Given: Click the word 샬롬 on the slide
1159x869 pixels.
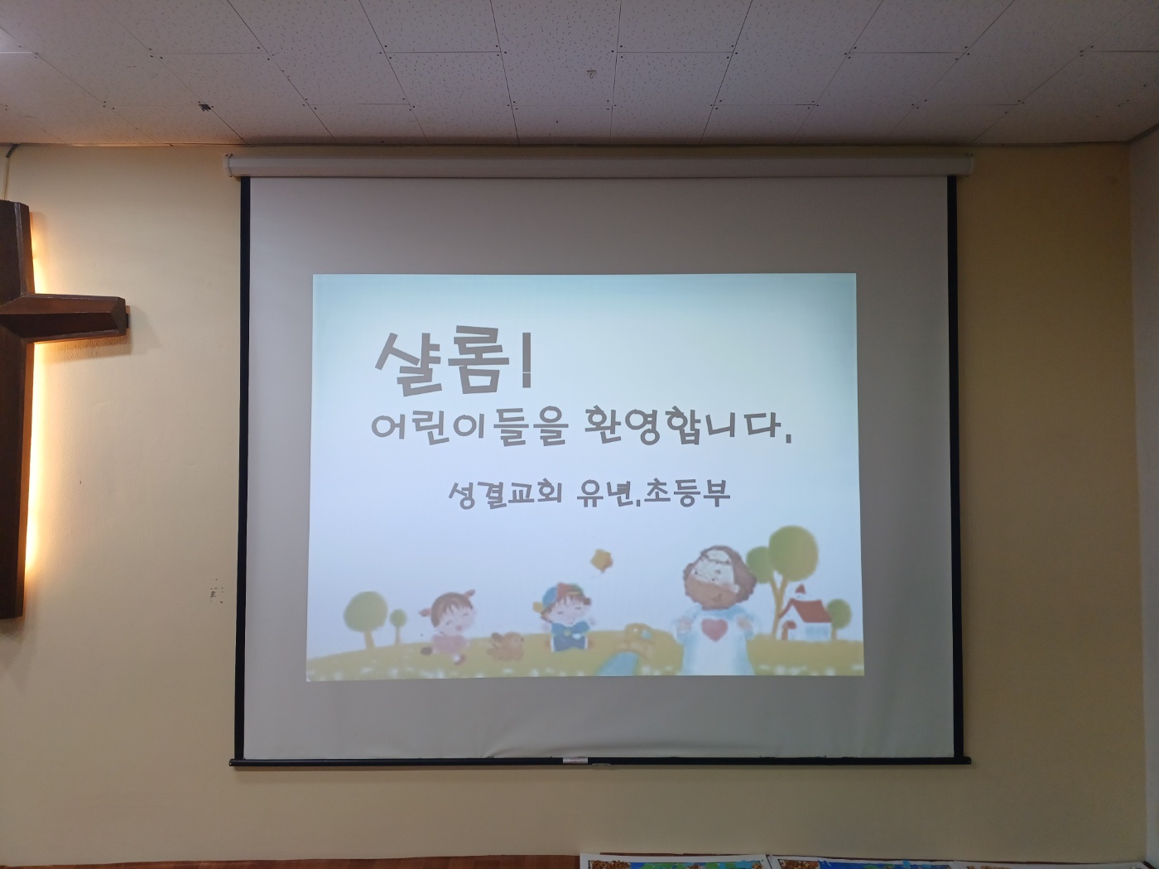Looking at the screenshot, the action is click(x=441, y=362).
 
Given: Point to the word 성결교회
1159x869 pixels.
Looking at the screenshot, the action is click(x=505, y=494).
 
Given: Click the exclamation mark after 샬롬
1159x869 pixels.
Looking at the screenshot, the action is click(x=526, y=361).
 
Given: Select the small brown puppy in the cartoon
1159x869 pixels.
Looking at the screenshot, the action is click(x=505, y=646).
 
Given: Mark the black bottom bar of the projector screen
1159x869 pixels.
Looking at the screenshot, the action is click(x=600, y=761).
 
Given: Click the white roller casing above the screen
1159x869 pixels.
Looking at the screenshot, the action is click(x=599, y=165).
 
